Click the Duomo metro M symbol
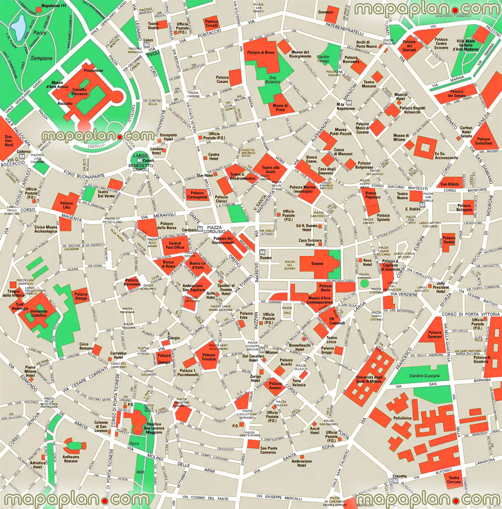point(262,252)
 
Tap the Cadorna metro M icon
point(22,157)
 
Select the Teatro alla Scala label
point(270,169)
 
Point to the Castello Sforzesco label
point(79,91)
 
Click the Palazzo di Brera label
point(260,53)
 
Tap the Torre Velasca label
point(299,383)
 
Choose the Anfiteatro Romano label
point(71,459)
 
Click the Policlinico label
point(402,418)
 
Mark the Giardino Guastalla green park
point(424,376)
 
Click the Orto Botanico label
point(273,80)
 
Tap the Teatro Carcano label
point(454,480)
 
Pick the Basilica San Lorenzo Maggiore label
point(154,428)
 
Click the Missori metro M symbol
point(262,351)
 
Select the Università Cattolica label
point(38,313)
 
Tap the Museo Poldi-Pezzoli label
point(340,132)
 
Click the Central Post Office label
point(175,245)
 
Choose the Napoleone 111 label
point(53,6)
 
